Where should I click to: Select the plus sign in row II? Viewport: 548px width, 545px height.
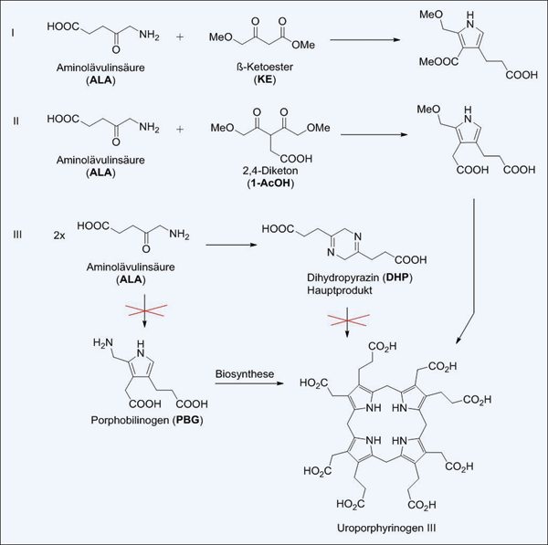[182, 129]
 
